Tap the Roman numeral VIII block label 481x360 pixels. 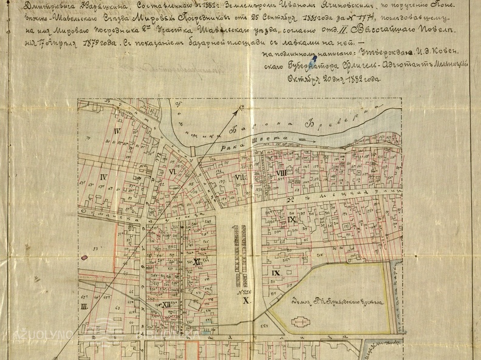point(281,174)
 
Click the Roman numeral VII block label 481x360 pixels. point(239,178)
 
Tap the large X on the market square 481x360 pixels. point(245,301)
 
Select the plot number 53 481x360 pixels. point(96,248)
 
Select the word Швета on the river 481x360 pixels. point(273,139)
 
